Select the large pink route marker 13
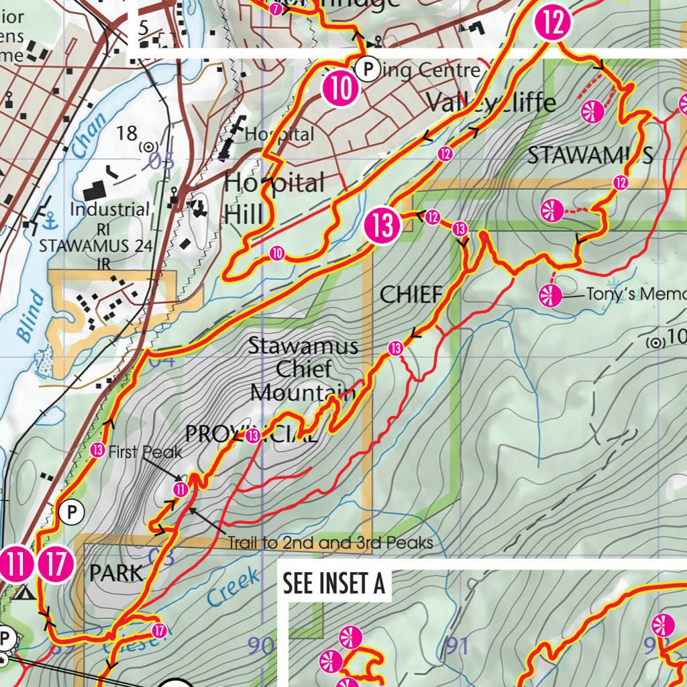382,225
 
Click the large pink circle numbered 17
56,564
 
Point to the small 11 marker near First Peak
180,490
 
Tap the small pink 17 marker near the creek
159,630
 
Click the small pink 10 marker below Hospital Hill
277,253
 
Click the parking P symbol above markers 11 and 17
71,513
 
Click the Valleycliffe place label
491,103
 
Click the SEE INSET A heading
333,584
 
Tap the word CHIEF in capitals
411,294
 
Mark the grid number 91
456,646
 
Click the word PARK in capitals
117,574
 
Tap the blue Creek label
232,585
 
